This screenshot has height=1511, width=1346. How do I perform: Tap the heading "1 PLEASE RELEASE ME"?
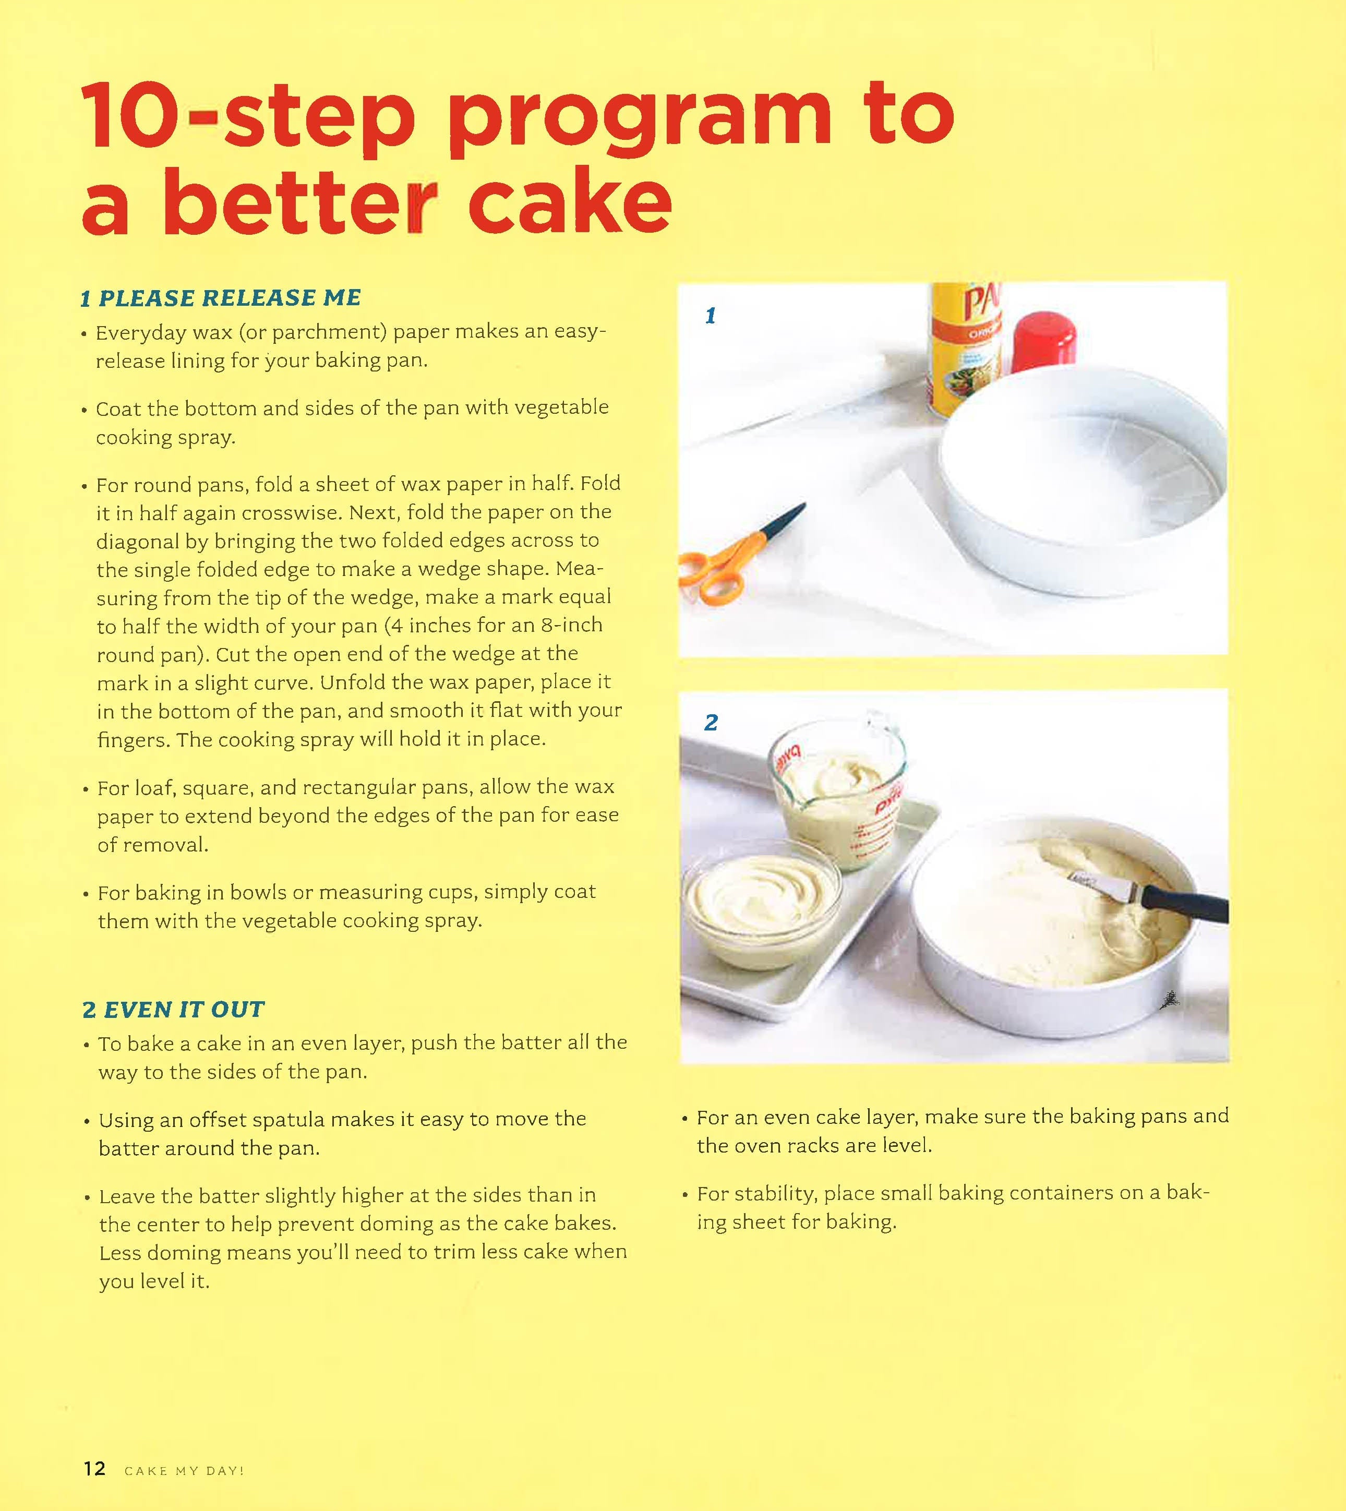click(220, 297)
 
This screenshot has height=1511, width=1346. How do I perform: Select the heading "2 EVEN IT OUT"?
click(173, 1009)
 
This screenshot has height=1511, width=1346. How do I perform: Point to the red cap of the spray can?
click(1043, 342)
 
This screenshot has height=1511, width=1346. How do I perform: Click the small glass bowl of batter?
click(762, 910)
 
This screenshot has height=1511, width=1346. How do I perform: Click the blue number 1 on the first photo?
click(710, 316)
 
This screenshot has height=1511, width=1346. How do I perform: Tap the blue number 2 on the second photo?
click(711, 722)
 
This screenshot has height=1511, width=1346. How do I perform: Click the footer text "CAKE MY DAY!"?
click(184, 1470)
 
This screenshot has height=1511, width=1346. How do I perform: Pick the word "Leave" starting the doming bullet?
click(127, 1196)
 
